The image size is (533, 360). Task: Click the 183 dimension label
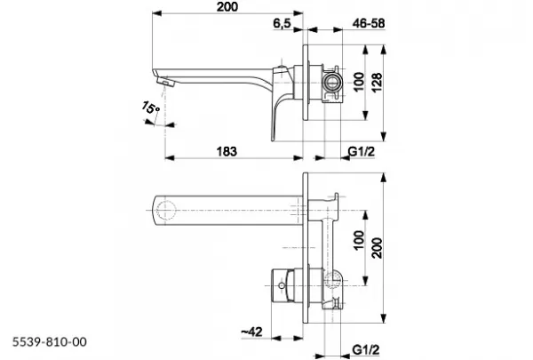[227, 152]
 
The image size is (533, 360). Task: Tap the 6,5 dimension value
[282, 23]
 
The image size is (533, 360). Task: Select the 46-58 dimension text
[369, 23]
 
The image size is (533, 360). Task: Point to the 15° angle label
[150, 108]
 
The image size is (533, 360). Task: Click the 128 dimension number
[377, 83]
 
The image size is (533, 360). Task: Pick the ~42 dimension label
[252, 332]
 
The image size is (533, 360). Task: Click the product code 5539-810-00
[50, 341]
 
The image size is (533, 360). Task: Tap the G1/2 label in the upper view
[362, 151]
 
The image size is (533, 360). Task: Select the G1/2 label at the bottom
[365, 349]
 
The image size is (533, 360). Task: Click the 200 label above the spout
[227, 6]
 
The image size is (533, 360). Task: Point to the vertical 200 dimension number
[377, 248]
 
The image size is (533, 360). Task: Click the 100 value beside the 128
[359, 82]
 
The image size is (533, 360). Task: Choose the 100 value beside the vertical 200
[359, 240]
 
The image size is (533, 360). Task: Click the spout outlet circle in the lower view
[166, 210]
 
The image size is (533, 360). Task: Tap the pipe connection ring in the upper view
[330, 82]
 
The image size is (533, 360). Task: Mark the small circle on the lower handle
[282, 285]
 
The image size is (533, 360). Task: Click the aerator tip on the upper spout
[165, 83]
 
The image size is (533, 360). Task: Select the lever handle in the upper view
[282, 102]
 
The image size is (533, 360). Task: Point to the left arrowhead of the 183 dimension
[170, 157]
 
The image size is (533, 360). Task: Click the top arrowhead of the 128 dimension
[384, 50]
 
